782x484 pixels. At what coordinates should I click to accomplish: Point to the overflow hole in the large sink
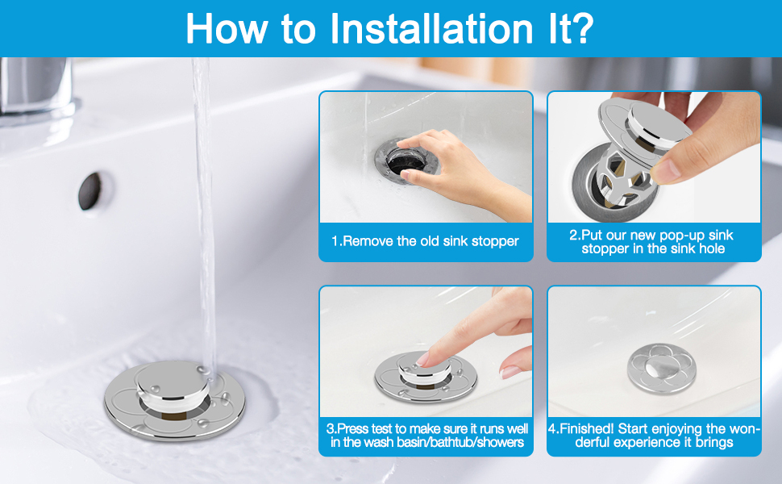pyautogui.click(x=89, y=190)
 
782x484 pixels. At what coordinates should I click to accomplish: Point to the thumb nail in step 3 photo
pyautogui.click(x=510, y=372)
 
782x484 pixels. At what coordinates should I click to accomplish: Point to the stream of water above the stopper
pyautogui.click(x=203, y=202)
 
